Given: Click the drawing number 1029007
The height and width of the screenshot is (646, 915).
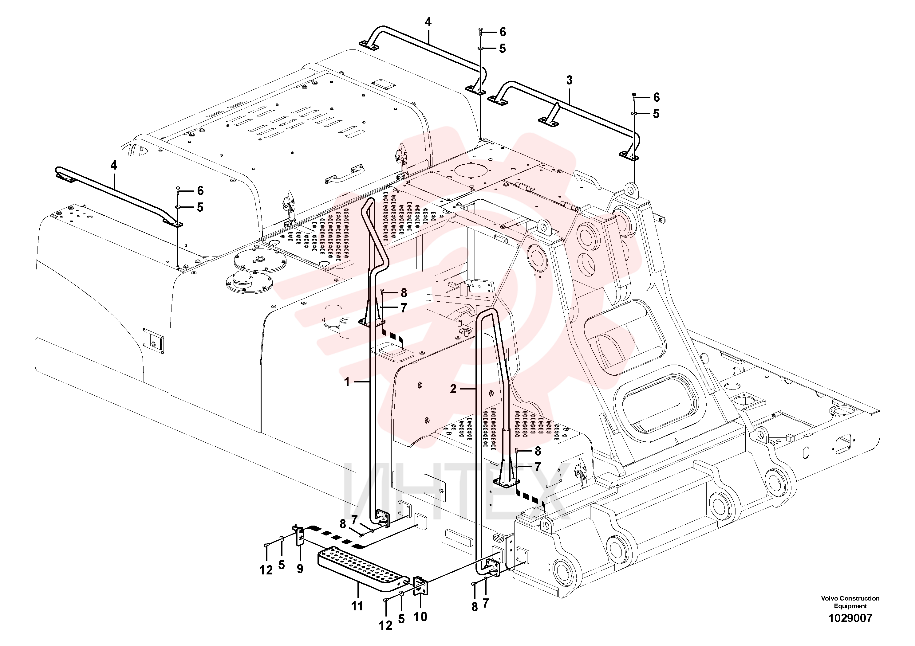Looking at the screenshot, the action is pos(850,618).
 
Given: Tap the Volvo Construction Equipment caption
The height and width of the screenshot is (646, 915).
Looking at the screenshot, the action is pos(850,602).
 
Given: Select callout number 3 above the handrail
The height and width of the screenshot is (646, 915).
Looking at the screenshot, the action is pos(569,80).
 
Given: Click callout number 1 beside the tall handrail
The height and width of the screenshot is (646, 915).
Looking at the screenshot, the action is pos(347,382).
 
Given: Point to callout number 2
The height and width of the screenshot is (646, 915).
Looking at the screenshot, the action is pos(453,389).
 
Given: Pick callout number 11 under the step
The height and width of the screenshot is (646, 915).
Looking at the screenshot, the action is pos(357,606).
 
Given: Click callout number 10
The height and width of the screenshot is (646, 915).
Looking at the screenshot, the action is pos(420,617).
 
